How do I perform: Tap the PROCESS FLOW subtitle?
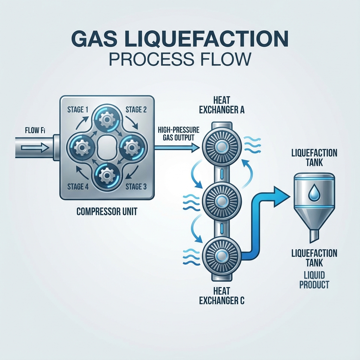[180, 58]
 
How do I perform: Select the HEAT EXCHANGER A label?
[222, 105]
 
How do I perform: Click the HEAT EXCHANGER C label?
[222, 296]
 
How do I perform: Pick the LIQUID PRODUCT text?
[314, 279]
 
